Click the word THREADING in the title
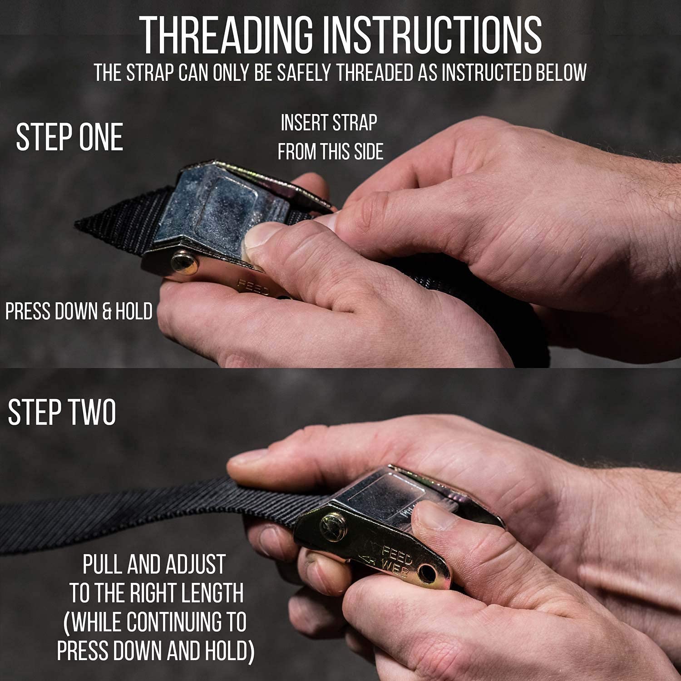(226, 36)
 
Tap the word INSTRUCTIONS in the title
(433, 36)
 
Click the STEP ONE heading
(69, 137)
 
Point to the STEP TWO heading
(62, 412)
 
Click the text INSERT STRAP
(329, 123)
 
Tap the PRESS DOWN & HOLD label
(79, 311)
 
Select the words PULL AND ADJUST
(154, 564)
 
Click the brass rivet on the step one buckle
(184, 263)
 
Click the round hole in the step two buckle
(428, 573)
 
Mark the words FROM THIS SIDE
(331, 152)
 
